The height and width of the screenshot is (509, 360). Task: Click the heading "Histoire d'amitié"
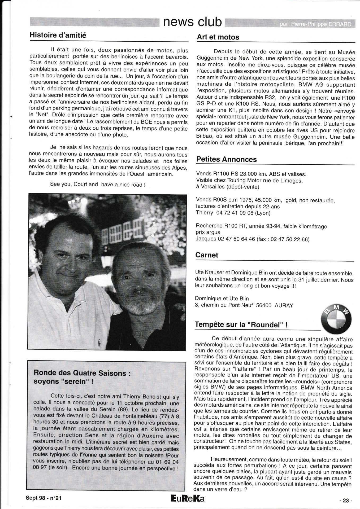pos(58,35)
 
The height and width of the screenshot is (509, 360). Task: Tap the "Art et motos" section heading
pos(218,37)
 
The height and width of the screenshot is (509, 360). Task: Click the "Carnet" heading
pos(207,255)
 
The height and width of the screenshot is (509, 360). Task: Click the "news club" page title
pos(192,22)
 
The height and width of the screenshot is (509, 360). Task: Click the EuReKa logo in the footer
pos(188,498)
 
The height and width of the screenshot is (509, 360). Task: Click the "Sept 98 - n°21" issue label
pos(44,498)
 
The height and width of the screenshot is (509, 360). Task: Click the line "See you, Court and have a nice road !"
pos(97,185)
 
